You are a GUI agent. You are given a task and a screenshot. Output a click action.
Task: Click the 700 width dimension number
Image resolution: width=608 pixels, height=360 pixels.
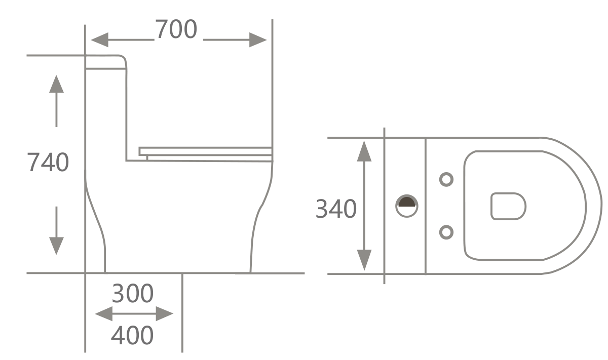[x=175, y=29]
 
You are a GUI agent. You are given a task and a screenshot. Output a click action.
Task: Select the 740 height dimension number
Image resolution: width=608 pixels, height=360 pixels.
[x=48, y=163]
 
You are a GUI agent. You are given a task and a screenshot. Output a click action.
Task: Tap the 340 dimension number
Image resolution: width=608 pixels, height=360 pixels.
[x=336, y=209]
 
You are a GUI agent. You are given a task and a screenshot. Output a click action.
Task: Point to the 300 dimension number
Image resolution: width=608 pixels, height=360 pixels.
[x=132, y=294]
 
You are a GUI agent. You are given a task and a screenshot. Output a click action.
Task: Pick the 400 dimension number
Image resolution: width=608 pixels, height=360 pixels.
[x=132, y=335]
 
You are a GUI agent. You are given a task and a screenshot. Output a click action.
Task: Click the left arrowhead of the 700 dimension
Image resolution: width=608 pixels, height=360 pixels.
[x=99, y=39]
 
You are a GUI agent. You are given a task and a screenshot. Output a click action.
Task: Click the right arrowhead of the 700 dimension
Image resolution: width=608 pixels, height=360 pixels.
[x=258, y=39]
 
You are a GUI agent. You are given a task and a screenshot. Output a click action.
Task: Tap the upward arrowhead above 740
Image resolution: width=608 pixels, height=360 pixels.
[x=56, y=84]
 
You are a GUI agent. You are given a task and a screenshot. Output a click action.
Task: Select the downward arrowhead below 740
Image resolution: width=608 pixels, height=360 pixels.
[x=56, y=246]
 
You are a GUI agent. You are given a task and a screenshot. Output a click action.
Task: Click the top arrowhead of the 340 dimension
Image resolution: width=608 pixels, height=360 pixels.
[x=364, y=151]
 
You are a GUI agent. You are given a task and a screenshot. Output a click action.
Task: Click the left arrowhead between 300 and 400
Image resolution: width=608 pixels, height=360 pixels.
[x=104, y=313]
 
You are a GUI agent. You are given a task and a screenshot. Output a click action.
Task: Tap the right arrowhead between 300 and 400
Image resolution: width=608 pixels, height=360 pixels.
[x=165, y=313]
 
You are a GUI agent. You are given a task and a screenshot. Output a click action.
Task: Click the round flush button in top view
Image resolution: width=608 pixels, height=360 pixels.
[x=407, y=206]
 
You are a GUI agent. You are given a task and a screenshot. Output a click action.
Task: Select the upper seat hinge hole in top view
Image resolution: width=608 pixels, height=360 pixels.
[x=446, y=179]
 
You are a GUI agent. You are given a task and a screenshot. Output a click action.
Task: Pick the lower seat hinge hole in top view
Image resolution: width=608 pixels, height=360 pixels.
[x=446, y=232]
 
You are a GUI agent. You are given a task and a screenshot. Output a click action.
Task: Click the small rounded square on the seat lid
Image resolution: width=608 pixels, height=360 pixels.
[x=508, y=206]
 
